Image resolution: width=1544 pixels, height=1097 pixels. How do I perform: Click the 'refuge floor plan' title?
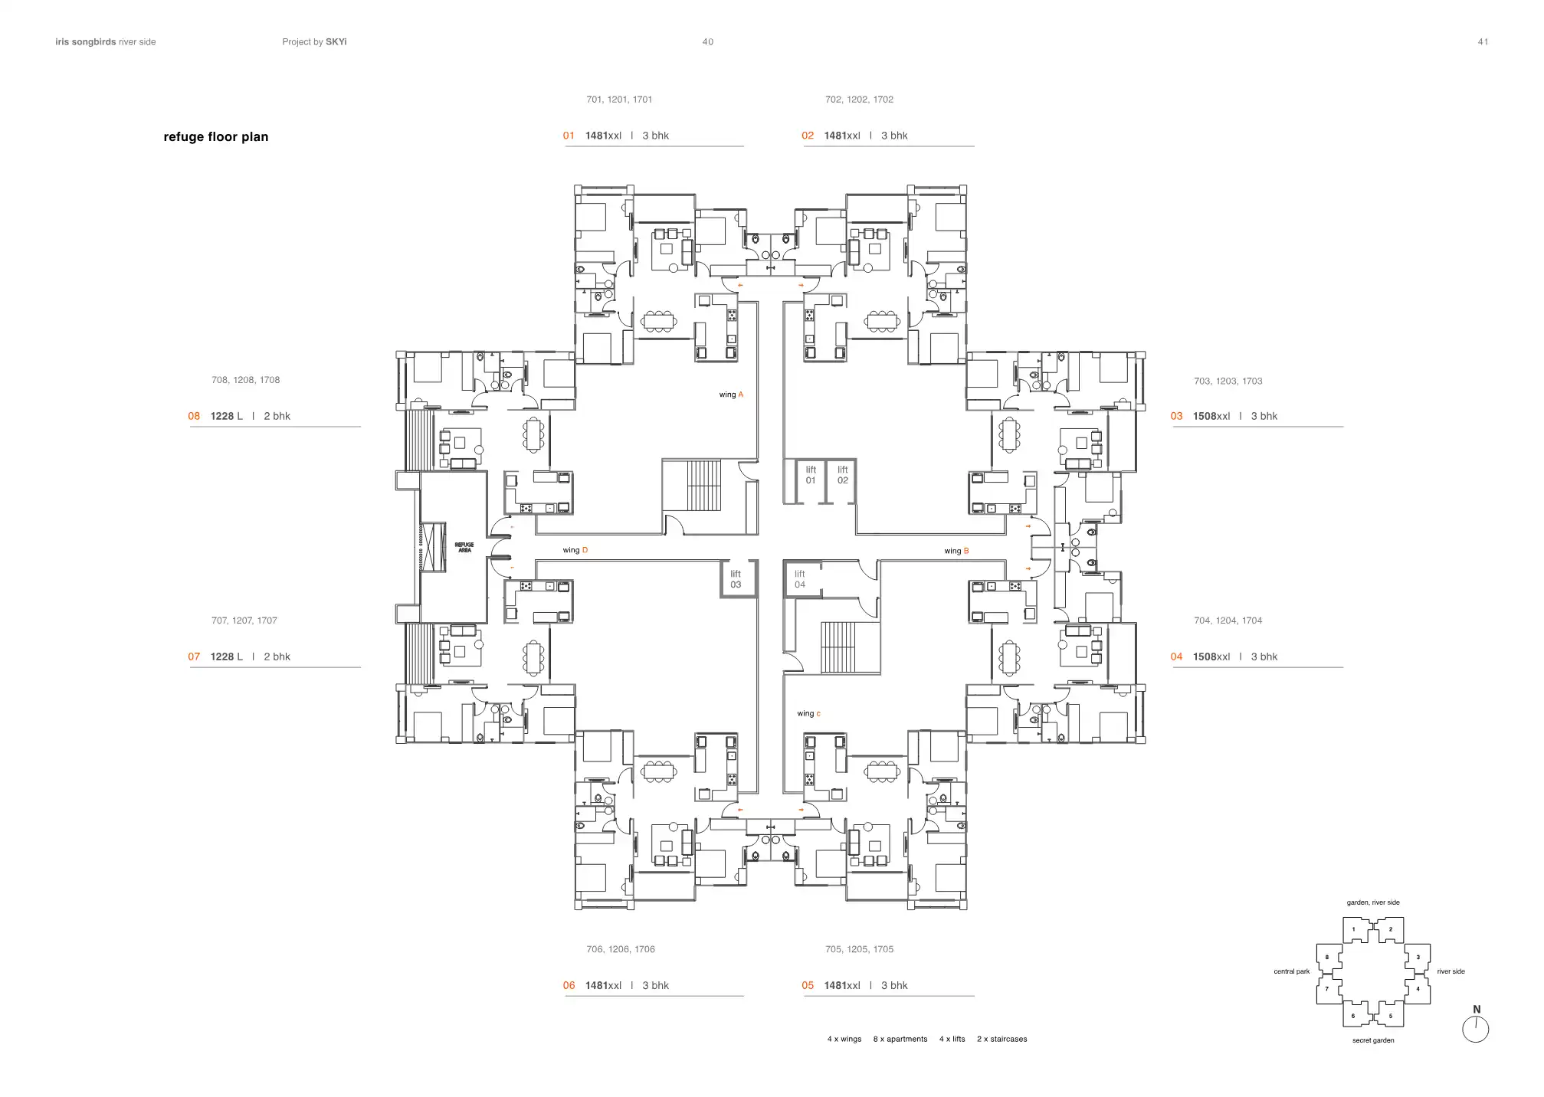point(215,137)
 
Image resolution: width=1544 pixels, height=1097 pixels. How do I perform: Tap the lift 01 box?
point(811,476)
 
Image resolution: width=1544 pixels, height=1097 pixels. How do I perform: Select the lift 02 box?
point(842,476)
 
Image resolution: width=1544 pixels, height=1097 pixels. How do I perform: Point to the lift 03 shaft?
point(736,580)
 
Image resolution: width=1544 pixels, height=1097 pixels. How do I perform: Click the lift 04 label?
point(800,580)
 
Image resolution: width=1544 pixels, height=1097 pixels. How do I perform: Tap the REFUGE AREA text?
point(464,548)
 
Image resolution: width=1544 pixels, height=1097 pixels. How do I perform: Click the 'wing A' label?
point(731,395)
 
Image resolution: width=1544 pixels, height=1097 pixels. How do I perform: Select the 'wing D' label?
point(575,551)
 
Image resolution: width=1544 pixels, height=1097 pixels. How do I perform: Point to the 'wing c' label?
point(808,714)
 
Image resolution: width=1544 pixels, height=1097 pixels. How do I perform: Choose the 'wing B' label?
point(956,552)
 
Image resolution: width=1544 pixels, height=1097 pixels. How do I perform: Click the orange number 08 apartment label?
point(194,417)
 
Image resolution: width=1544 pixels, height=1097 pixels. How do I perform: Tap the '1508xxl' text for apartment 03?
point(1211,417)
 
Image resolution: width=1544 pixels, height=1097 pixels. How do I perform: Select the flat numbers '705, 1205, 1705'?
point(859,950)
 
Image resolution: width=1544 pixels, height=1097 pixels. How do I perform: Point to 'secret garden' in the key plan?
point(1372,1041)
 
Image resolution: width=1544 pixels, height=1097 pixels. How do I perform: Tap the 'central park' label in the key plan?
point(1291,972)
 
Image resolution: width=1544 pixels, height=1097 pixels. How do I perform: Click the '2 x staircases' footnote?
point(1001,1040)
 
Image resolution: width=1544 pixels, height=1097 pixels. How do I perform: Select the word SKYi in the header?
point(336,42)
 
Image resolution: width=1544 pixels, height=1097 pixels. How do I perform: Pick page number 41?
point(1483,42)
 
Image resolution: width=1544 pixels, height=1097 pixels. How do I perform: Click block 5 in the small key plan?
point(1390,1017)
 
